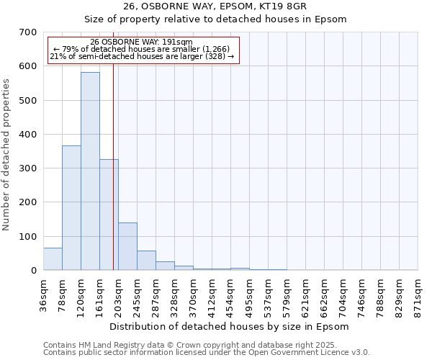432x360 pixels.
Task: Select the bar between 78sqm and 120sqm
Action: point(71,208)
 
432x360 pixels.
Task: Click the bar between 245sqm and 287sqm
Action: point(146,261)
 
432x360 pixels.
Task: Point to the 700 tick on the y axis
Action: point(30,32)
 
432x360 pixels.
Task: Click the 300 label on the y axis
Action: point(30,168)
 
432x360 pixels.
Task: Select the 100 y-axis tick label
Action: point(30,237)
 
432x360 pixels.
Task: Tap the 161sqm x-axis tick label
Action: point(100,294)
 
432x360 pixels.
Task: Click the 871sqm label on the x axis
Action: point(418,294)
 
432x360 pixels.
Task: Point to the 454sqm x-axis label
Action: point(231,294)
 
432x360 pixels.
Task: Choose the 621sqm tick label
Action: point(306,294)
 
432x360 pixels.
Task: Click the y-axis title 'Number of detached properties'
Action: point(8,154)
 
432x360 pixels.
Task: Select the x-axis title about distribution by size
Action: point(230,326)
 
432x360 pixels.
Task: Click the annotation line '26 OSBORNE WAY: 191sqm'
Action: point(142,42)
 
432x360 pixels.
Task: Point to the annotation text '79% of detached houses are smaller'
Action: point(142,49)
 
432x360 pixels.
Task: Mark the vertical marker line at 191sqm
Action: point(113,180)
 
